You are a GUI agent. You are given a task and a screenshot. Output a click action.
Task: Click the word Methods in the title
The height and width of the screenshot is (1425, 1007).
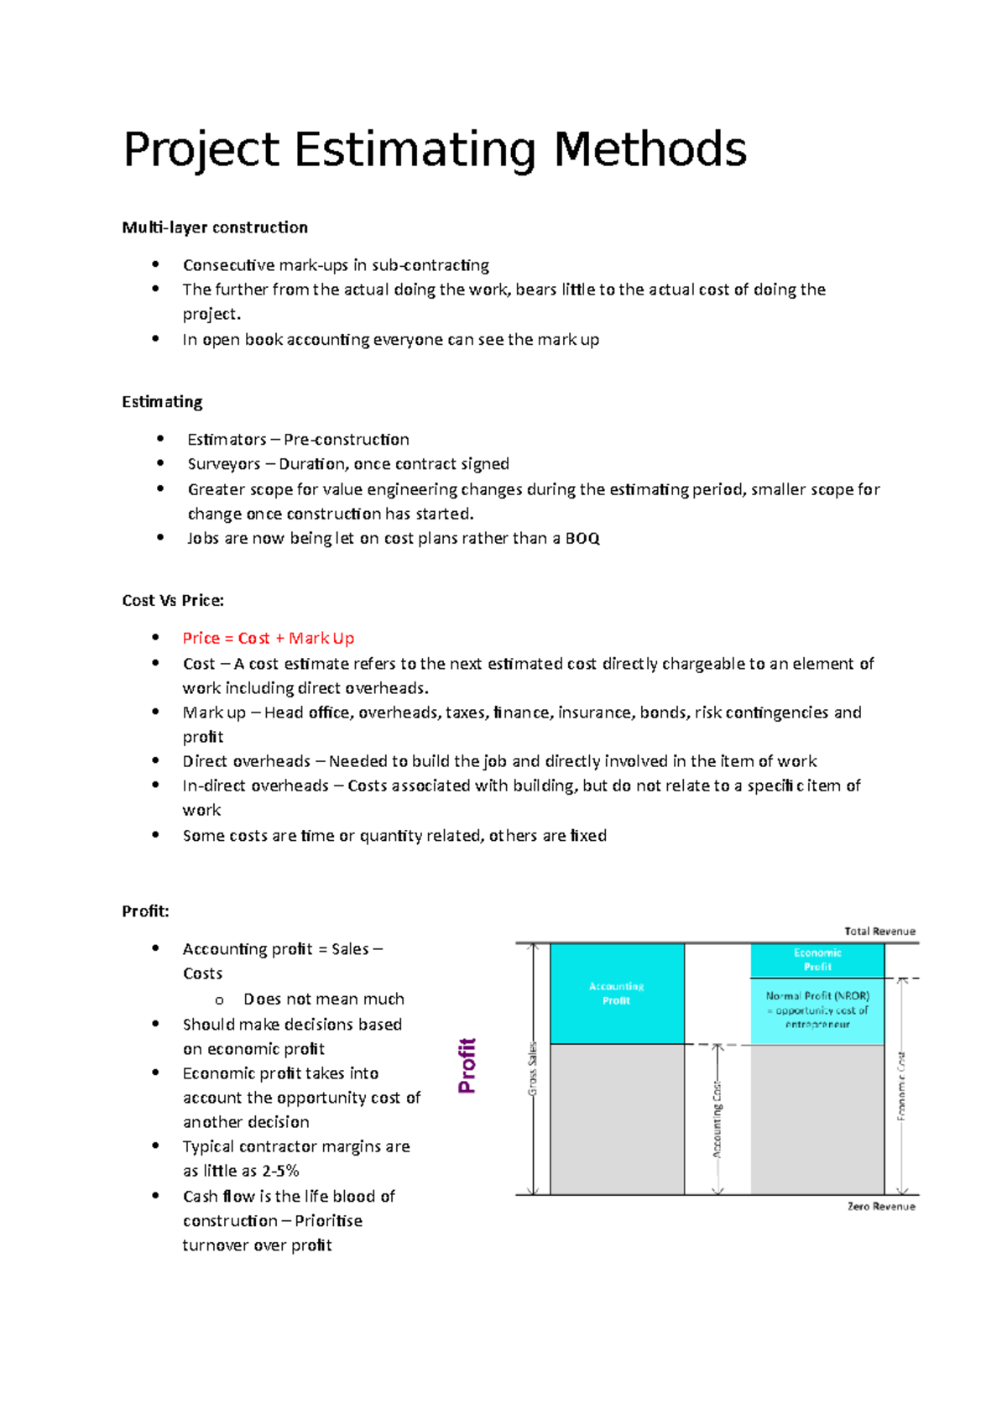click(x=650, y=150)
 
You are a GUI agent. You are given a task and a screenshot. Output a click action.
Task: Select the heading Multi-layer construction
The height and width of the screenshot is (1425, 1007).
click(x=215, y=227)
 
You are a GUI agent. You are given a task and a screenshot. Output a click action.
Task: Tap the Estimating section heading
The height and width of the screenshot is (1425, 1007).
click(x=162, y=402)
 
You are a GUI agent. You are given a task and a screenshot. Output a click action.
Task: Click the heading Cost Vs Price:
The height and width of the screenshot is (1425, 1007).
click(x=173, y=601)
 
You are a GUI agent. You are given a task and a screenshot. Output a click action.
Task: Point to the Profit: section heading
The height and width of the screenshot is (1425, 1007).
click(x=145, y=911)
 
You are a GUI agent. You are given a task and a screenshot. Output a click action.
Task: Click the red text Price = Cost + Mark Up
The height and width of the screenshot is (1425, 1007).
click(x=269, y=639)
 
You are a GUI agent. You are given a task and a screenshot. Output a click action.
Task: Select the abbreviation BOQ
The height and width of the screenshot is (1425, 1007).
click(x=582, y=539)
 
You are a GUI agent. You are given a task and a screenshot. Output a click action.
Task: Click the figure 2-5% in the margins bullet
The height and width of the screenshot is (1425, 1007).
click(x=280, y=1171)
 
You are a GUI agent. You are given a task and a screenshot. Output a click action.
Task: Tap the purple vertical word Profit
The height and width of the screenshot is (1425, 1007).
click(x=467, y=1066)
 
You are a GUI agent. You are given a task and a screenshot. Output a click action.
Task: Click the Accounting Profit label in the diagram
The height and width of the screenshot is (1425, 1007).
click(x=617, y=994)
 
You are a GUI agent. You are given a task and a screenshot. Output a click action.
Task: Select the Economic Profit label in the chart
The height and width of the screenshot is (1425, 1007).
click(x=817, y=960)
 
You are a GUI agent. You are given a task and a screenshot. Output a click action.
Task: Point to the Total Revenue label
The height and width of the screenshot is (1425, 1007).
click(x=879, y=932)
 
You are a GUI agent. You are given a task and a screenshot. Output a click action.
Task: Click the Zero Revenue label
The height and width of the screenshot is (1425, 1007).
click(x=881, y=1207)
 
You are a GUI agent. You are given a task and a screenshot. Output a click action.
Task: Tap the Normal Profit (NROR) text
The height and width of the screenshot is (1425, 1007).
click(x=817, y=996)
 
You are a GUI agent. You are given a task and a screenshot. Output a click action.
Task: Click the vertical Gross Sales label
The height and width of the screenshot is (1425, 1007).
click(x=532, y=1069)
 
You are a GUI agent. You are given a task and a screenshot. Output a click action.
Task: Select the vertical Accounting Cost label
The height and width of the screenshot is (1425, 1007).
click(x=717, y=1120)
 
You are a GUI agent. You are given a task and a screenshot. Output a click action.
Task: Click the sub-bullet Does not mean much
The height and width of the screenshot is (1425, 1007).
click(x=324, y=1000)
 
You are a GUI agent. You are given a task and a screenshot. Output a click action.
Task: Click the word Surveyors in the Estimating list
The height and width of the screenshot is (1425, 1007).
click(x=224, y=464)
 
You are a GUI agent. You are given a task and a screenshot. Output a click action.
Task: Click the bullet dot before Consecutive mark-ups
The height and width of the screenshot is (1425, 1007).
click(x=155, y=264)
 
